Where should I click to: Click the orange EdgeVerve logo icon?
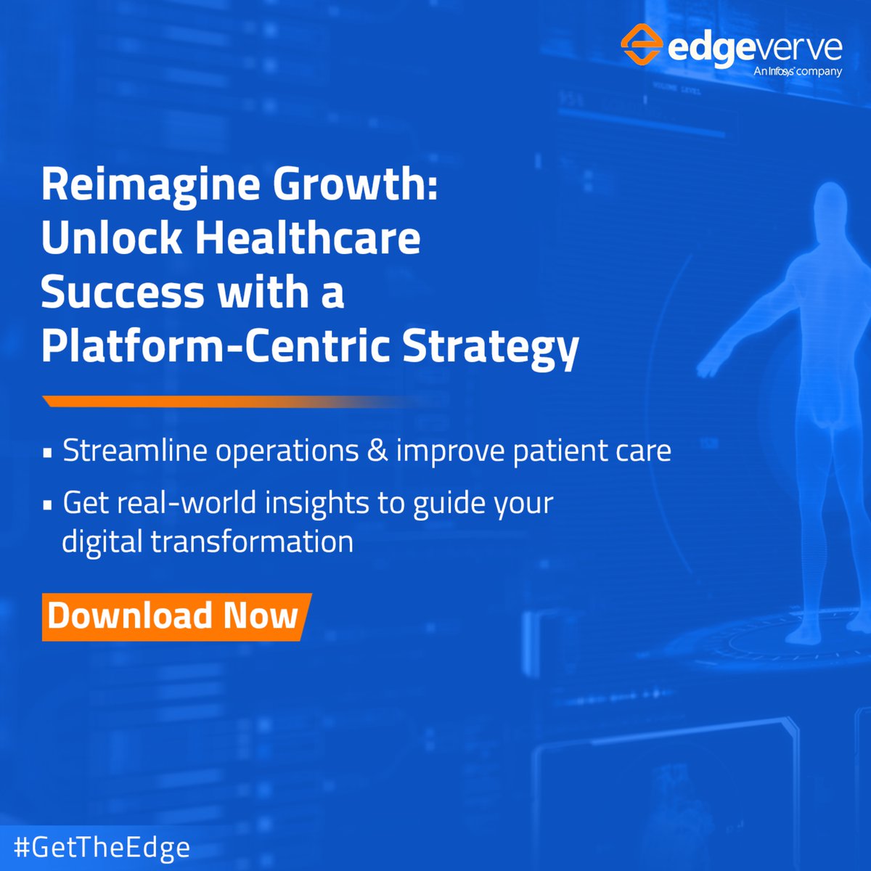(x=641, y=45)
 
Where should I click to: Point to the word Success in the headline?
(x=122, y=293)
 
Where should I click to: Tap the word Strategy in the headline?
(x=491, y=348)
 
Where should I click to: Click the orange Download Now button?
(x=174, y=616)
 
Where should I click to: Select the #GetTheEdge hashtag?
(x=102, y=847)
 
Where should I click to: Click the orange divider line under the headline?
(x=218, y=401)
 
